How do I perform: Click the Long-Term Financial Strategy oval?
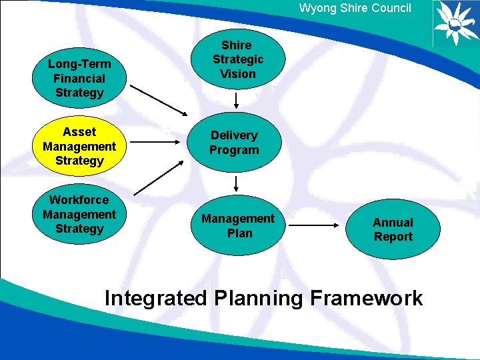click(x=79, y=78)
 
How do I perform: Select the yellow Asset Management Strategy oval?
click(x=79, y=146)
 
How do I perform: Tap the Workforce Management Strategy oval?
click(x=79, y=214)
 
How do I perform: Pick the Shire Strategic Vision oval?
click(x=237, y=59)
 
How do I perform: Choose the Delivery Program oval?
click(x=234, y=143)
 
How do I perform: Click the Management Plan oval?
click(x=238, y=225)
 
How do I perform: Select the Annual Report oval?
click(x=393, y=229)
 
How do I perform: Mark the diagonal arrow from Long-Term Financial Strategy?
click(x=159, y=99)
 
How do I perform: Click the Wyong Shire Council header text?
click(x=355, y=9)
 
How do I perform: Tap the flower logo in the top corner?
click(x=456, y=23)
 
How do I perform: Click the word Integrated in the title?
click(x=156, y=298)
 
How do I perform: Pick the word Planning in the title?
click(x=259, y=298)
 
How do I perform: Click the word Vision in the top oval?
click(x=238, y=73)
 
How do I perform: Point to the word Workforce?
click(x=79, y=199)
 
